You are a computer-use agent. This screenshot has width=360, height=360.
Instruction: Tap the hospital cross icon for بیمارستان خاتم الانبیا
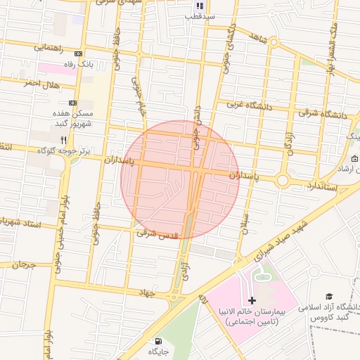pyautogui.click(x=252, y=300)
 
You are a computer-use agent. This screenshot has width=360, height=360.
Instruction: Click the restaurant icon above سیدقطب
pyautogui.click(x=200, y=5)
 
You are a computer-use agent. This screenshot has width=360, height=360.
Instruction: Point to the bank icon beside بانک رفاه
pyautogui.click(x=78, y=54)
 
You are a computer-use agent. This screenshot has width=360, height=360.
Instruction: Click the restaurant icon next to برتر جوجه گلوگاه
pyautogui.click(x=64, y=140)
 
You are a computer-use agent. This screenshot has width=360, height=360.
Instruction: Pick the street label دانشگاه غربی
pyautogui.click(x=249, y=105)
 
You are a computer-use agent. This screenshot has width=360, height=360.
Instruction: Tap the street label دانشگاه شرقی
pyautogui.click(x=321, y=112)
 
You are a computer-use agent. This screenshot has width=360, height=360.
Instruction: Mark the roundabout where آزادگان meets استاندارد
pyautogui.click(x=283, y=181)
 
